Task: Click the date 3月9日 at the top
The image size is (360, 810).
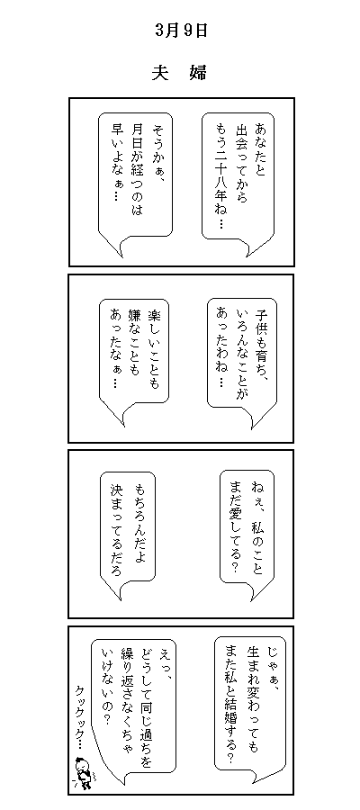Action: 181,31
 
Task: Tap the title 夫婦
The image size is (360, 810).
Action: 179,72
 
